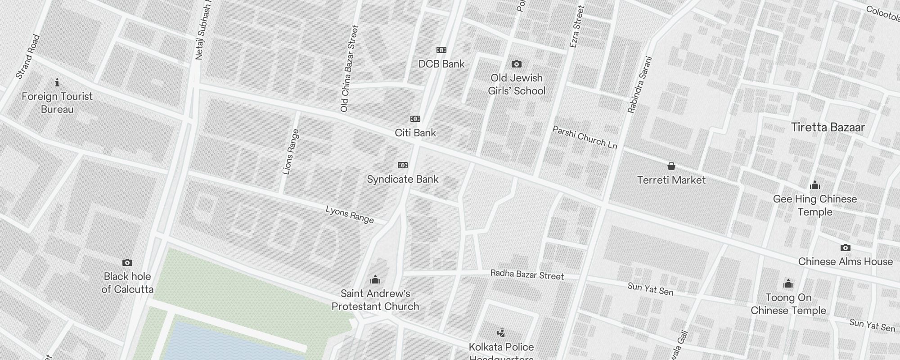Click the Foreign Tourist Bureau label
coord(57,103)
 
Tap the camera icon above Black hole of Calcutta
coord(127,262)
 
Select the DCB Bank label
coord(441,64)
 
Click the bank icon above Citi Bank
coord(415,119)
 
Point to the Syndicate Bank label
coord(402,179)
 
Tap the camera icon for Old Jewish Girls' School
coord(517,64)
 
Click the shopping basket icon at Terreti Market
coord(671,166)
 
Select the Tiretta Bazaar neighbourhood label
coord(828,127)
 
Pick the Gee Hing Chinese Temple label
coord(814,205)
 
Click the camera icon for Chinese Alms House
coord(845,247)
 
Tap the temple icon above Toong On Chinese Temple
coord(788,283)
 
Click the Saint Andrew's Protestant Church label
coord(375,300)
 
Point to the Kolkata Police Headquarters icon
coord(501,333)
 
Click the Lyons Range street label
coord(350,214)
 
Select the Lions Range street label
coord(291,152)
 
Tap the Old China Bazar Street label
coord(350,68)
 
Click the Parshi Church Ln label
coord(585,137)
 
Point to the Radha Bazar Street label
coord(527,274)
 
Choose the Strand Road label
coord(28,57)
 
